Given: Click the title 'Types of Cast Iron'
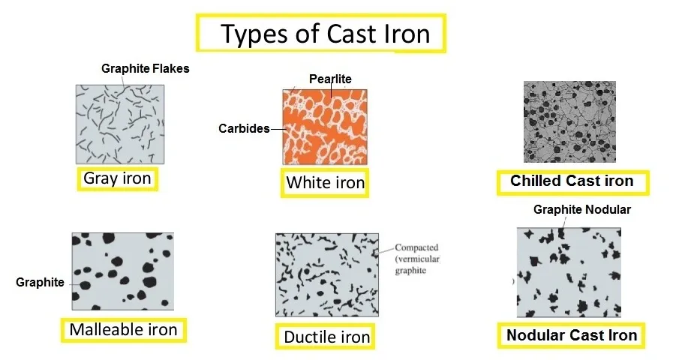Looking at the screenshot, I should (324, 34).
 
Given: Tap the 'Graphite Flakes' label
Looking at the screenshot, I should (146, 69).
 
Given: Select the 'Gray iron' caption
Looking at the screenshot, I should (117, 179).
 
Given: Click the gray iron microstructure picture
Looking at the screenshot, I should (120, 124).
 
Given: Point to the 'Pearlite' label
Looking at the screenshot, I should (330, 79).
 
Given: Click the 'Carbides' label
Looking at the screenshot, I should (244, 129).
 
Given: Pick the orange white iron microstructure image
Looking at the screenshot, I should (325, 127).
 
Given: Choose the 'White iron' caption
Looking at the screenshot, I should (325, 182).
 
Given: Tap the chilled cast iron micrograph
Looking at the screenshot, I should (569, 121).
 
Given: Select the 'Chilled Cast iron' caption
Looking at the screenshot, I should (572, 181).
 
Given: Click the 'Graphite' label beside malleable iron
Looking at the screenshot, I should (40, 283).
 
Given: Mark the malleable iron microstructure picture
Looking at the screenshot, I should (122, 271).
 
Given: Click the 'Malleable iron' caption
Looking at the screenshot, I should (123, 330).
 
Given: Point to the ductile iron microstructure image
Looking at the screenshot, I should (326, 275).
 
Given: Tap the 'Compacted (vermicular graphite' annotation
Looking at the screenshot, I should (417, 259).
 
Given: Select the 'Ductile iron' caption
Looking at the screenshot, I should (326, 337).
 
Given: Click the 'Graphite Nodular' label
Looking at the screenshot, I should (581, 210).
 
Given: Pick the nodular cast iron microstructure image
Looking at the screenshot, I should (569, 272).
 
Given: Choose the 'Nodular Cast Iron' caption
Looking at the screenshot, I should (572, 335).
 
